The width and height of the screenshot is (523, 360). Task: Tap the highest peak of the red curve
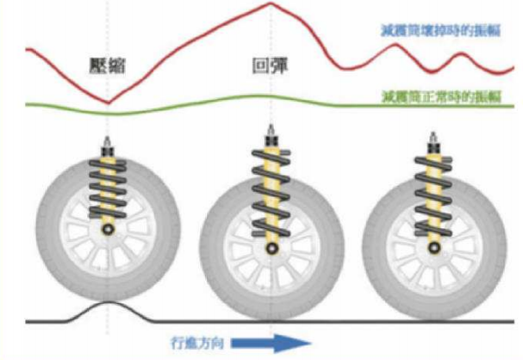pyautogui.click(x=270, y=3)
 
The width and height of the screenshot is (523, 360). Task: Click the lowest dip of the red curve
pyautogui.click(x=108, y=102)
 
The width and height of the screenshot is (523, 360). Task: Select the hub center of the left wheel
pyautogui.click(x=107, y=230)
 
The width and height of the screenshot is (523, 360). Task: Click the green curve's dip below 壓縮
pyautogui.click(x=108, y=114)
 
